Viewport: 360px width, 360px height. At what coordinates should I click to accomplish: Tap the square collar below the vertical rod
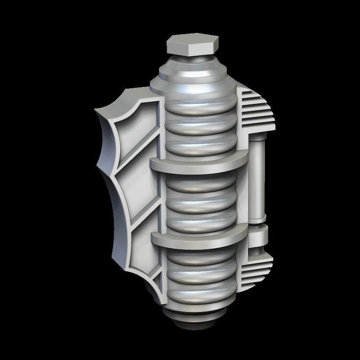[x=258, y=234]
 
